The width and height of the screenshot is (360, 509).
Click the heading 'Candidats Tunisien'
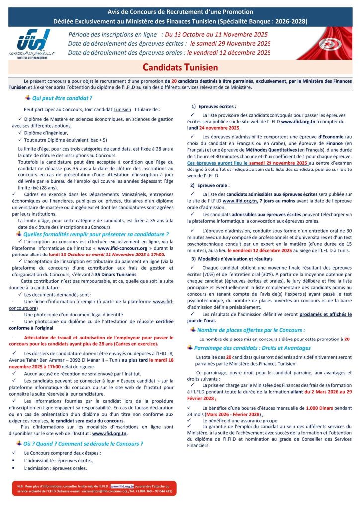[x=180, y=67]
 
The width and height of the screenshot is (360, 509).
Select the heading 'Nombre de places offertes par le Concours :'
[x=251, y=330]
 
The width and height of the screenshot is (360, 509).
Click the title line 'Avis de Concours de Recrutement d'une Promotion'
[x=180, y=11]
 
